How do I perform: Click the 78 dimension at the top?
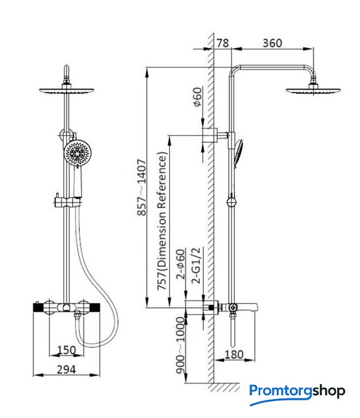(222, 43)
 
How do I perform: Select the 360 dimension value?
(272, 43)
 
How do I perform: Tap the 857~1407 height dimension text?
(142, 187)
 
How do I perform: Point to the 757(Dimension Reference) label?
(162, 221)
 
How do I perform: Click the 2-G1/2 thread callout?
(196, 266)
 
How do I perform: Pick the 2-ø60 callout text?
(180, 264)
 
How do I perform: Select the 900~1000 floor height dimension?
(180, 346)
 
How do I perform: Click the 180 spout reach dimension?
(234, 355)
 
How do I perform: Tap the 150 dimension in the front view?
(67, 350)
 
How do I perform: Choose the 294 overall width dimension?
(66, 369)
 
